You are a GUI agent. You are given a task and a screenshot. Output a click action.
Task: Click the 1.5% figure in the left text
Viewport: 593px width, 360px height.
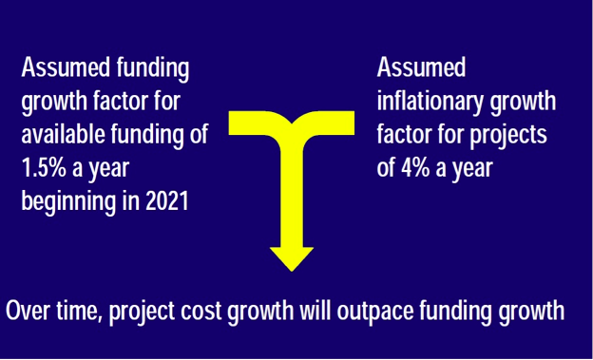43,166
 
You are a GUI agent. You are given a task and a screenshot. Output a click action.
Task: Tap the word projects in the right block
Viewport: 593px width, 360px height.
510,134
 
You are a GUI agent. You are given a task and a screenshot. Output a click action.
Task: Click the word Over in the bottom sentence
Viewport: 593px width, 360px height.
29,313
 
